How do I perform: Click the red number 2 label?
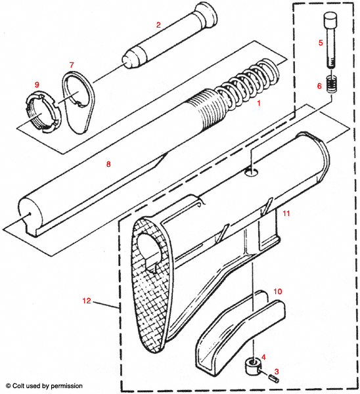point(158,24)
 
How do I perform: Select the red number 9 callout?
point(37,85)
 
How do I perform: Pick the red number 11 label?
point(286,214)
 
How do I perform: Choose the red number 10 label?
point(277,290)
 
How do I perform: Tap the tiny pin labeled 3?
point(271,377)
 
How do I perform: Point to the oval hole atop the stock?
point(249,171)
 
